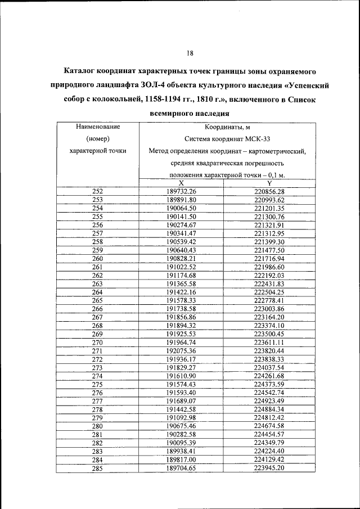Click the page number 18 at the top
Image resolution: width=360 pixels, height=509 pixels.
pos(190,53)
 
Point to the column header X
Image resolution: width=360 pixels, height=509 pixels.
pos(181,183)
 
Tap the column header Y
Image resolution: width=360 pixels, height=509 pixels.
pos(269,183)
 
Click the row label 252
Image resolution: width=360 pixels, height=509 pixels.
pos(97,192)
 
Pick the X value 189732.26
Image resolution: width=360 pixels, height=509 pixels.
pos(181,192)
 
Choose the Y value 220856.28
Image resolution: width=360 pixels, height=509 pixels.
pos(269,192)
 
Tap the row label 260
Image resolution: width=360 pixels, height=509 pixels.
pos(97,259)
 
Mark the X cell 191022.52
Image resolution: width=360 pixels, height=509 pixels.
pos(181,267)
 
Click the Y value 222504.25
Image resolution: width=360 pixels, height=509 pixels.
pos(269,292)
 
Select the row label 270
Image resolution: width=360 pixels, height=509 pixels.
pos(97,343)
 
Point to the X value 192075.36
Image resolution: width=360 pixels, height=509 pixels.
pos(181,351)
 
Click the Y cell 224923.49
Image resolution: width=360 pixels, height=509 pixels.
pos(269,401)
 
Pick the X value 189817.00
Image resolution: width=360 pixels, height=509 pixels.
pos(181,460)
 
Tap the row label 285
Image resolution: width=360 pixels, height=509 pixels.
pos(97,468)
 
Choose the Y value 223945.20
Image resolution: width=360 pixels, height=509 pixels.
pos(269,468)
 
